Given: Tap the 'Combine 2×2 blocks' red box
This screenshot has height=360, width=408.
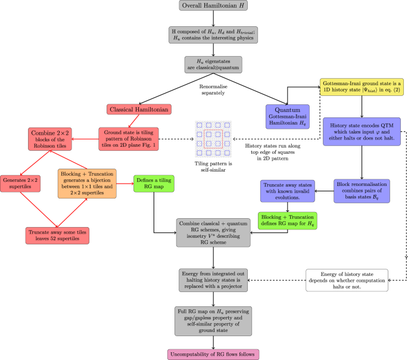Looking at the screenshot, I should [x=54, y=139].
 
